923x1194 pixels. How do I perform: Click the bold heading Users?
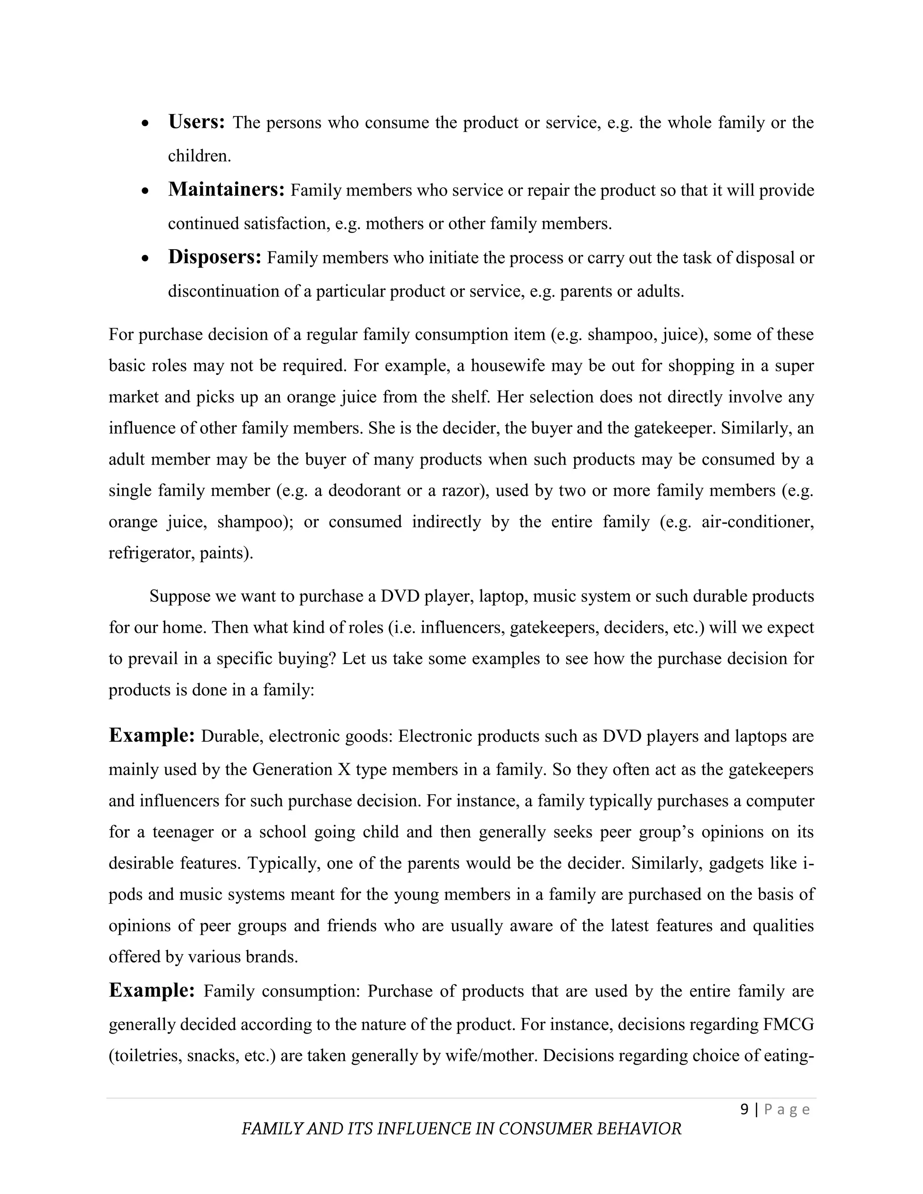coord(196,122)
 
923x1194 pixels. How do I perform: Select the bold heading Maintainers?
coord(226,190)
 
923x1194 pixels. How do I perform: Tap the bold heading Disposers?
coord(215,257)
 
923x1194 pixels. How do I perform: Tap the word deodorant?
coord(365,490)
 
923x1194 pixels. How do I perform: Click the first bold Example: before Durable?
coord(151,735)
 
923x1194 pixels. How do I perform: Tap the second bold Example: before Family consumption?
coord(151,990)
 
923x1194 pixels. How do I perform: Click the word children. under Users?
coord(199,156)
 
